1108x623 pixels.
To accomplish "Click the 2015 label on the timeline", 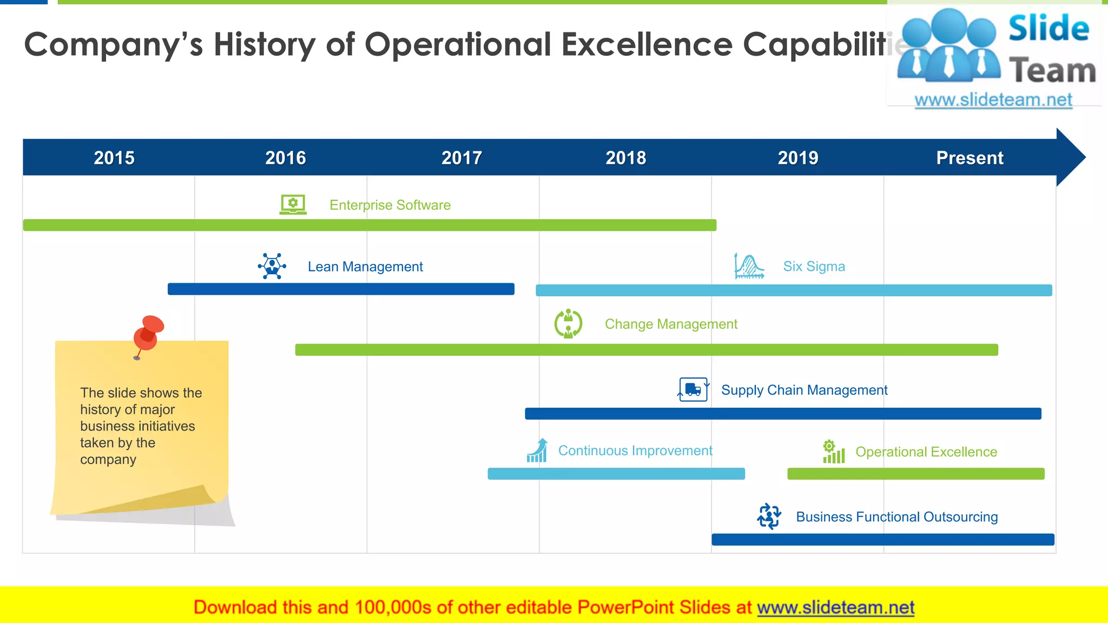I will tap(114, 158).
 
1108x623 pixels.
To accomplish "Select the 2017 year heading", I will tap(461, 158).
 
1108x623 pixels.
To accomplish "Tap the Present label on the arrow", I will tap(969, 158).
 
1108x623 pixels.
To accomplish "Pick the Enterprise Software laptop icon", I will tap(293, 205).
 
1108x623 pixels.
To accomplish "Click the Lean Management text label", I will tap(365, 267).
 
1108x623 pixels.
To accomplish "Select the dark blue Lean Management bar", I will tap(341, 289).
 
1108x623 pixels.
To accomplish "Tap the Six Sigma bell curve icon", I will tap(749, 266).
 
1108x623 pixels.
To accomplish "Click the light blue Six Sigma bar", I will tap(794, 290).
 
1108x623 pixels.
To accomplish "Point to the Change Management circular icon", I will tap(568, 323).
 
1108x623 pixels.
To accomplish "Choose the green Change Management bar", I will tap(647, 350).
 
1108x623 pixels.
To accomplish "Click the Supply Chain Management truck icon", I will tap(693, 389).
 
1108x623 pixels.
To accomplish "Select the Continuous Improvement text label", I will tap(635, 450).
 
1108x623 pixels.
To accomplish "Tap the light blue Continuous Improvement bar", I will tap(616, 474).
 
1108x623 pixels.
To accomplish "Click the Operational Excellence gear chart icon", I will tap(833, 452).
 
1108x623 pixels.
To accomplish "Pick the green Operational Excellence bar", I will tap(915, 474).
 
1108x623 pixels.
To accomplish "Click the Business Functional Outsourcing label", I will tap(896, 517).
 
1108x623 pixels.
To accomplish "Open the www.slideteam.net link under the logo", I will tap(993, 100).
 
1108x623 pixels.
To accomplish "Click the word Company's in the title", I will tap(114, 44).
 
